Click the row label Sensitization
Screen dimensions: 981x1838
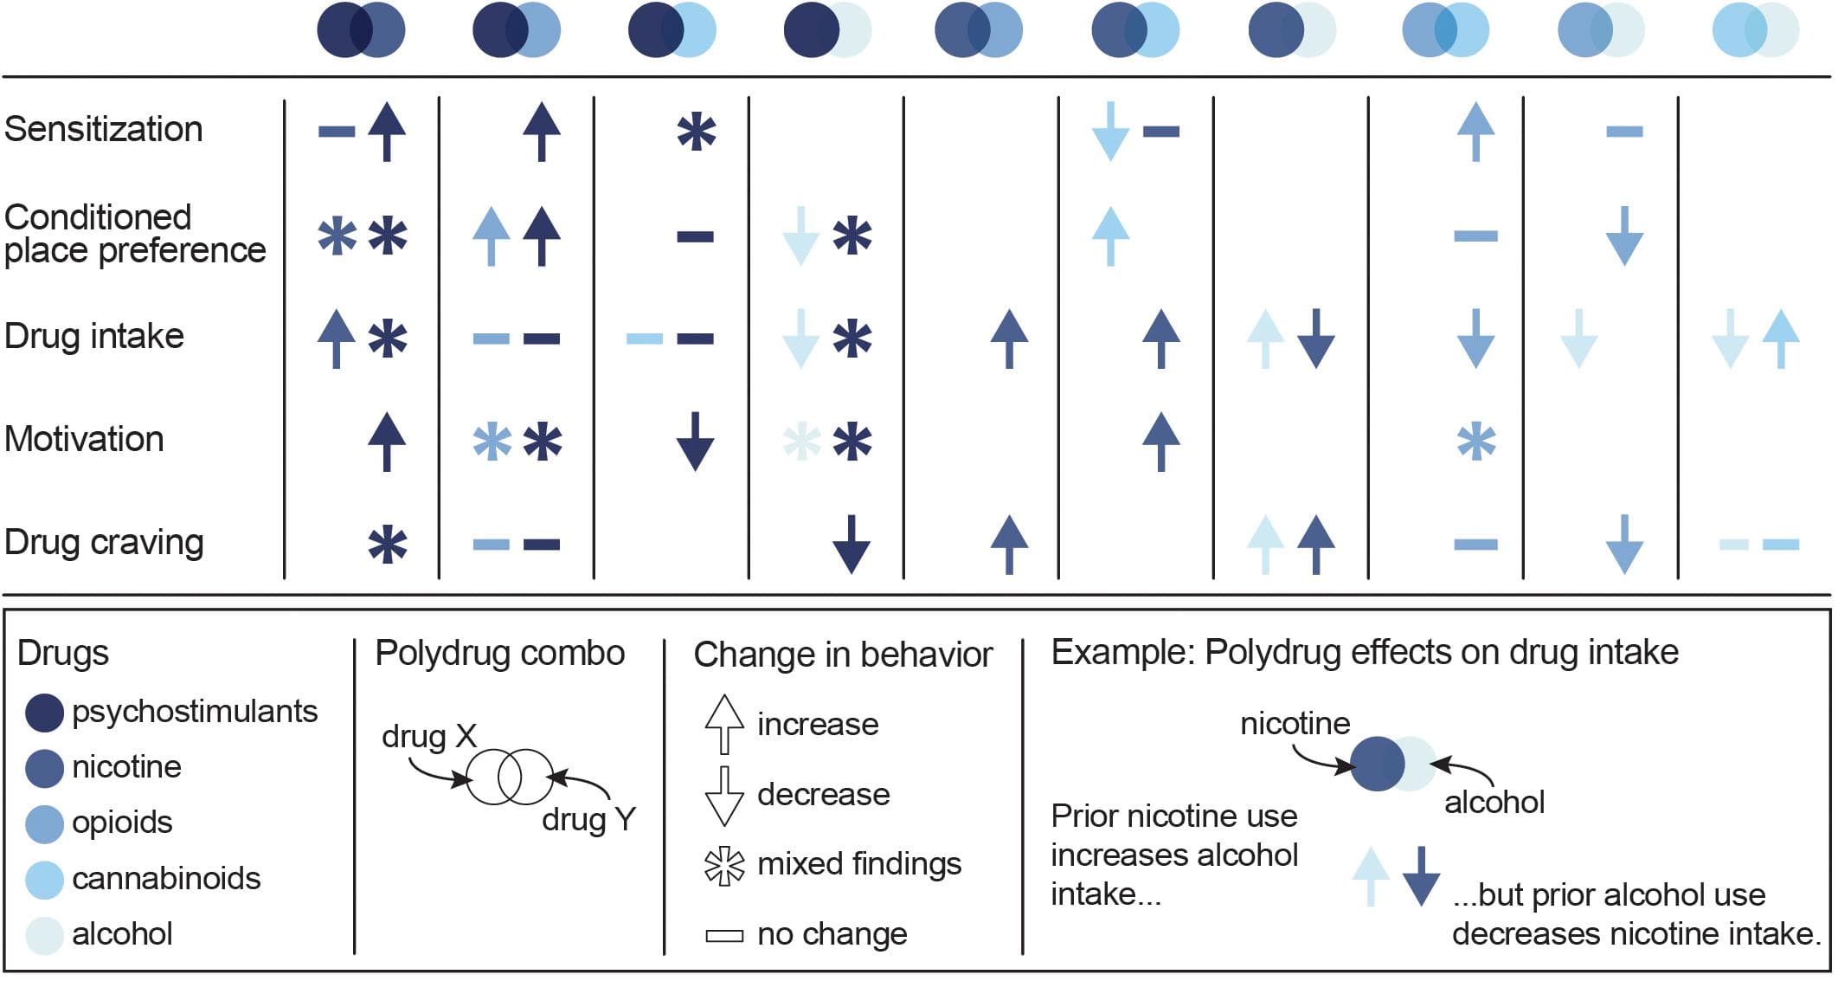pyautogui.click(x=103, y=130)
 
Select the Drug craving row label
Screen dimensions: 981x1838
pyautogui.click(x=104, y=543)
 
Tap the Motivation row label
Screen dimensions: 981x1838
pyautogui.click(x=84, y=440)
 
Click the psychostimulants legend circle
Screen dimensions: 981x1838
pyautogui.click(x=44, y=713)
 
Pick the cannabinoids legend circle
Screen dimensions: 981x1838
pyautogui.click(x=44, y=880)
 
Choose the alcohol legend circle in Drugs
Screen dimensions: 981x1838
pyautogui.click(x=44, y=935)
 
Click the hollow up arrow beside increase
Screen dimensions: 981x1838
pyautogui.click(x=724, y=724)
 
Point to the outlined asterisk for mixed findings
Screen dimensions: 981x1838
pyautogui.click(x=724, y=865)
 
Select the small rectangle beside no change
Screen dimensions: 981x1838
pyautogui.click(x=724, y=936)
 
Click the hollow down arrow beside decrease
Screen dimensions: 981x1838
pyautogui.click(x=724, y=795)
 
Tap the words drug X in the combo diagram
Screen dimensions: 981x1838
pyautogui.click(x=429, y=737)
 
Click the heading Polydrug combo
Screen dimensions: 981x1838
pyautogui.click(x=499, y=654)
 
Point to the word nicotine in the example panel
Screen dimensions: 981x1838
pyautogui.click(x=1295, y=724)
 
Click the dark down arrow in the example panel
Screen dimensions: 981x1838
pyautogui.click(x=1420, y=876)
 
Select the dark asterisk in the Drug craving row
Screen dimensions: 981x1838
pyautogui.click(x=387, y=545)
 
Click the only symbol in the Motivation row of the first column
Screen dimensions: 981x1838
pyautogui.click(x=387, y=442)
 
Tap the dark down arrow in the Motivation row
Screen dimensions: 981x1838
pyautogui.click(x=695, y=442)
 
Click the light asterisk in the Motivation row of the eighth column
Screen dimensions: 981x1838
pyautogui.click(x=1476, y=442)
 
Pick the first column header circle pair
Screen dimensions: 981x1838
pyautogui.click(x=361, y=30)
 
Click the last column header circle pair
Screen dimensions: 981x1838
pyautogui.click(x=1756, y=30)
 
